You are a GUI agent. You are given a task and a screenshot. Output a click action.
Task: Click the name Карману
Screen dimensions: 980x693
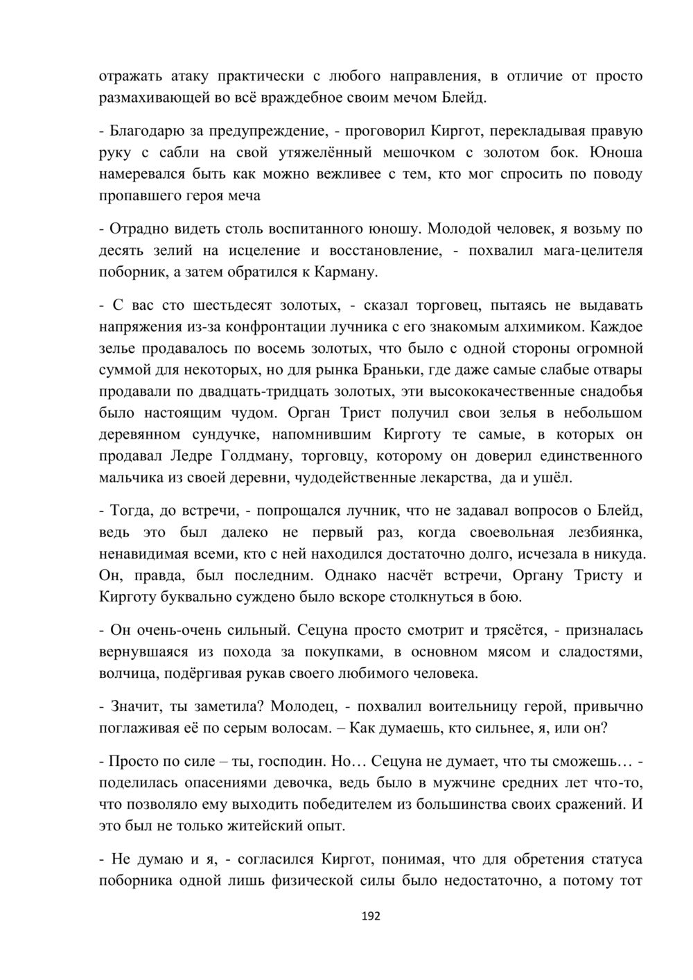click(x=346, y=272)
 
